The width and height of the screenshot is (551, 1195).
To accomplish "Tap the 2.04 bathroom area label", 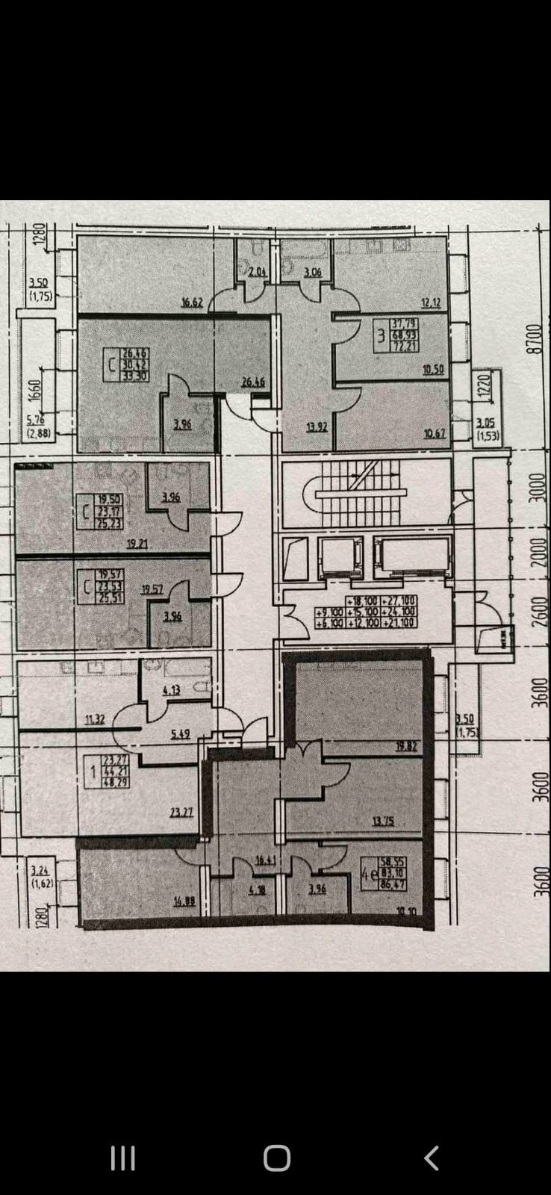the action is tap(257, 273).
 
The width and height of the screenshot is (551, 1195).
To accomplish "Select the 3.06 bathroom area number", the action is tap(312, 273).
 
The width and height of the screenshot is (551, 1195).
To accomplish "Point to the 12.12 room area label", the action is tap(432, 302).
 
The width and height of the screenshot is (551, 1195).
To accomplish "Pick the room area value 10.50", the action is tap(433, 369).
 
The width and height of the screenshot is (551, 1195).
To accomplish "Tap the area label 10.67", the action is tap(435, 433).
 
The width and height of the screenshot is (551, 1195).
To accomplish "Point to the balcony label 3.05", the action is tap(485, 423).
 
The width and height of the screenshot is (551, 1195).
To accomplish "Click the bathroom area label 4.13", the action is tap(171, 690).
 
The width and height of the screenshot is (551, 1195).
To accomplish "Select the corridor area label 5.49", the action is tap(179, 734).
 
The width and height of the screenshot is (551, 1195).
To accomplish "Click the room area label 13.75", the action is tap(383, 821).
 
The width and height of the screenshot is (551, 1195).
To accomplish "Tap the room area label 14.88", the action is tap(184, 901).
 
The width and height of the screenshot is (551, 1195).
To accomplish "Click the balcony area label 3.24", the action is tap(40, 869).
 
